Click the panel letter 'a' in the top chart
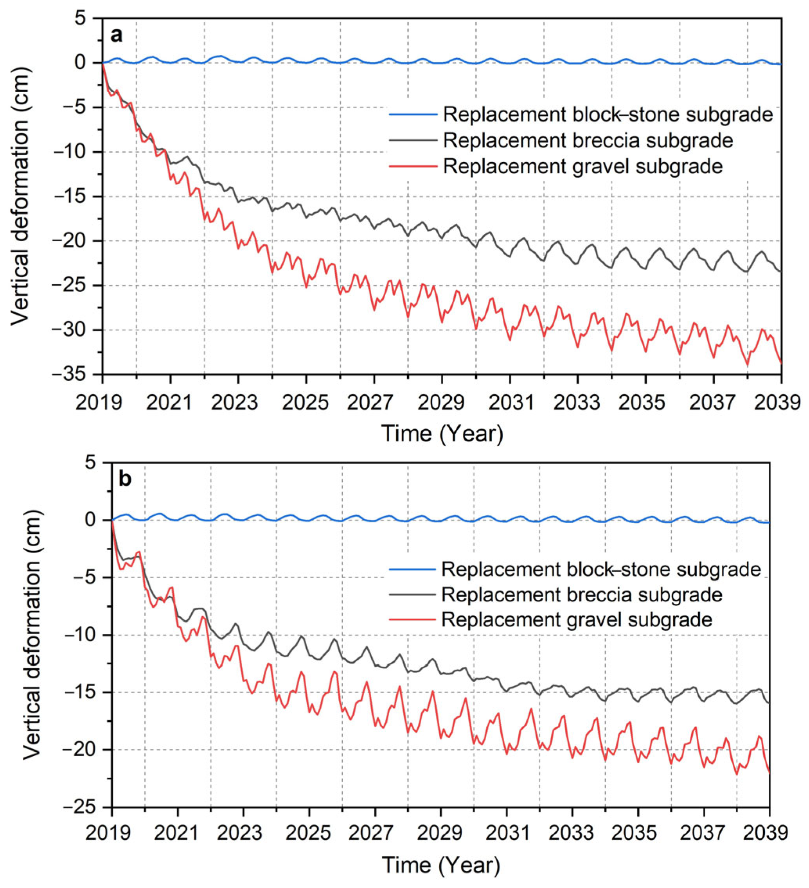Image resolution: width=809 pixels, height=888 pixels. tap(116, 35)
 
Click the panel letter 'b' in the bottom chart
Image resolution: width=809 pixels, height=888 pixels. tap(125, 479)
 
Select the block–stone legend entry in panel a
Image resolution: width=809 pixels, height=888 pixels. tap(608, 115)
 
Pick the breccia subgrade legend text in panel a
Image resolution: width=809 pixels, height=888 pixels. tap(588, 140)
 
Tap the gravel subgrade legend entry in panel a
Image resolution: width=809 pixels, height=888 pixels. tap(582, 167)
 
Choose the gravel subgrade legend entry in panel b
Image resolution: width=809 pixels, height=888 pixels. tap(577, 620)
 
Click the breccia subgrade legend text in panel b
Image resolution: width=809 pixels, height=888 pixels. tap(582, 595)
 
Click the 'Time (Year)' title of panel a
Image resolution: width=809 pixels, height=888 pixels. tap(442, 434)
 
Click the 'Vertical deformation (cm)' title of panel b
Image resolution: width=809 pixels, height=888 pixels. tap(32, 634)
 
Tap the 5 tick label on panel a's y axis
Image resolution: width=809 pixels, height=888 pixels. tap(91, 18)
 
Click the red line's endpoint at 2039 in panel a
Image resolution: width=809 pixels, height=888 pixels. tap(781, 362)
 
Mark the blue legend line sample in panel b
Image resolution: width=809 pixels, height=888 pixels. tap(412, 570)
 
